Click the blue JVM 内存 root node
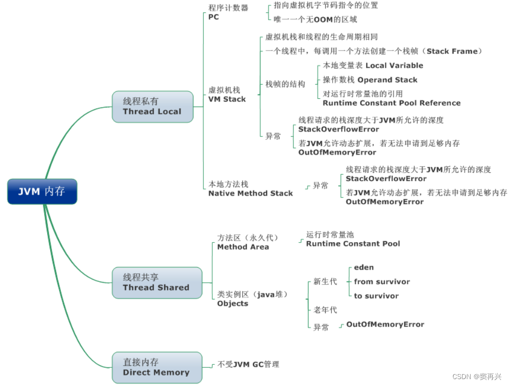[x=42, y=192]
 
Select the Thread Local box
[x=152, y=107]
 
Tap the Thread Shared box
[x=157, y=283]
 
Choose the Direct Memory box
[x=157, y=367]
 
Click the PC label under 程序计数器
[x=214, y=17]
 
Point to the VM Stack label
[x=227, y=99]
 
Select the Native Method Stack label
[x=251, y=193]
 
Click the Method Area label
[x=243, y=247]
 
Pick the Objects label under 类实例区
[x=233, y=303]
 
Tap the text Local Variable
[x=395, y=65]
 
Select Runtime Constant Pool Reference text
[x=392, y=103]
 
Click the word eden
[x=364, y=268]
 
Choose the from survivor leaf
[x=382, y=282]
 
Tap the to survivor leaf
[x=376, y=296]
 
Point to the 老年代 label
[x=325, y=310]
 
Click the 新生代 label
[x=325, y=282]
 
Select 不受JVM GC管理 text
[x=249, y=364]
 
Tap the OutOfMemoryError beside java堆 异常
[x=385, y=324]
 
